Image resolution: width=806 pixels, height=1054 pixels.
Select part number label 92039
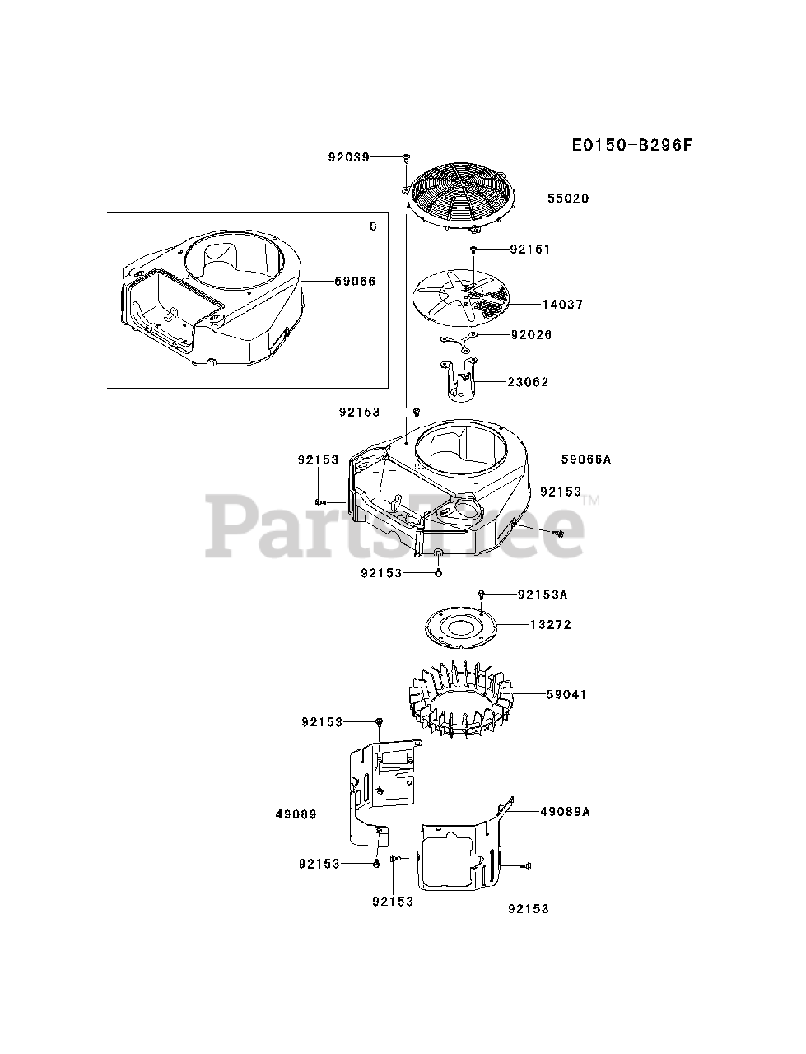[x=347, y=156]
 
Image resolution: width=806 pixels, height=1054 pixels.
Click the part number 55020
[x=566, y=198]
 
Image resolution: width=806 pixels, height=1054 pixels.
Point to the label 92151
[x=529, y=249]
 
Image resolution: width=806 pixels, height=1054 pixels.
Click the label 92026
[x=530, y=335]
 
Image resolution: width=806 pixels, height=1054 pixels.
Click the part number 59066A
[x=563, y=459]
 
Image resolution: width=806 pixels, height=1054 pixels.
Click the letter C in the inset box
[x=372, y=226]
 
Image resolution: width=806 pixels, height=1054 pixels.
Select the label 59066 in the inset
[x=355, y=281]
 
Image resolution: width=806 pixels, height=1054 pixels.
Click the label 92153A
[x=543, y=594]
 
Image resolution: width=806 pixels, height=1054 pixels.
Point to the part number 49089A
[x=566, y=811]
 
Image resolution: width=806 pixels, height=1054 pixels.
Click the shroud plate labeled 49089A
[x=461, y=852]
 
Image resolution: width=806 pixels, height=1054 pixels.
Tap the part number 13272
[x=550, y=624]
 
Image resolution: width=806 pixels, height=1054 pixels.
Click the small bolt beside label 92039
[x=407, y=156]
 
